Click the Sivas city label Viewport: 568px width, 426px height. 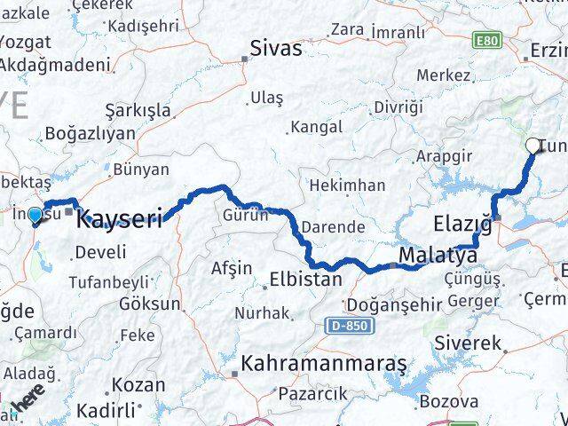click(276, 48)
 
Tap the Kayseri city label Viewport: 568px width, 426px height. click(120, 219)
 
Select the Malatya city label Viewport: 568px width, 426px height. click(438, 256)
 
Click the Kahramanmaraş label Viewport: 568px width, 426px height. click(324, 364)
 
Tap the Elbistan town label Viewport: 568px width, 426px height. click(306, 280)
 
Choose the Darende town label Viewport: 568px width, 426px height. click(333, 227)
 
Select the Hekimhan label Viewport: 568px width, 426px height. click(347, 185)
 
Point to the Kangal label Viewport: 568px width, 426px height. click(316, 127)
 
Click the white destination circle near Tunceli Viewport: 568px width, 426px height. click(533, 146)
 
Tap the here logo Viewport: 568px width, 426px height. click(27, 404)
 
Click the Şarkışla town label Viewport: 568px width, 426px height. click(138, 110)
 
